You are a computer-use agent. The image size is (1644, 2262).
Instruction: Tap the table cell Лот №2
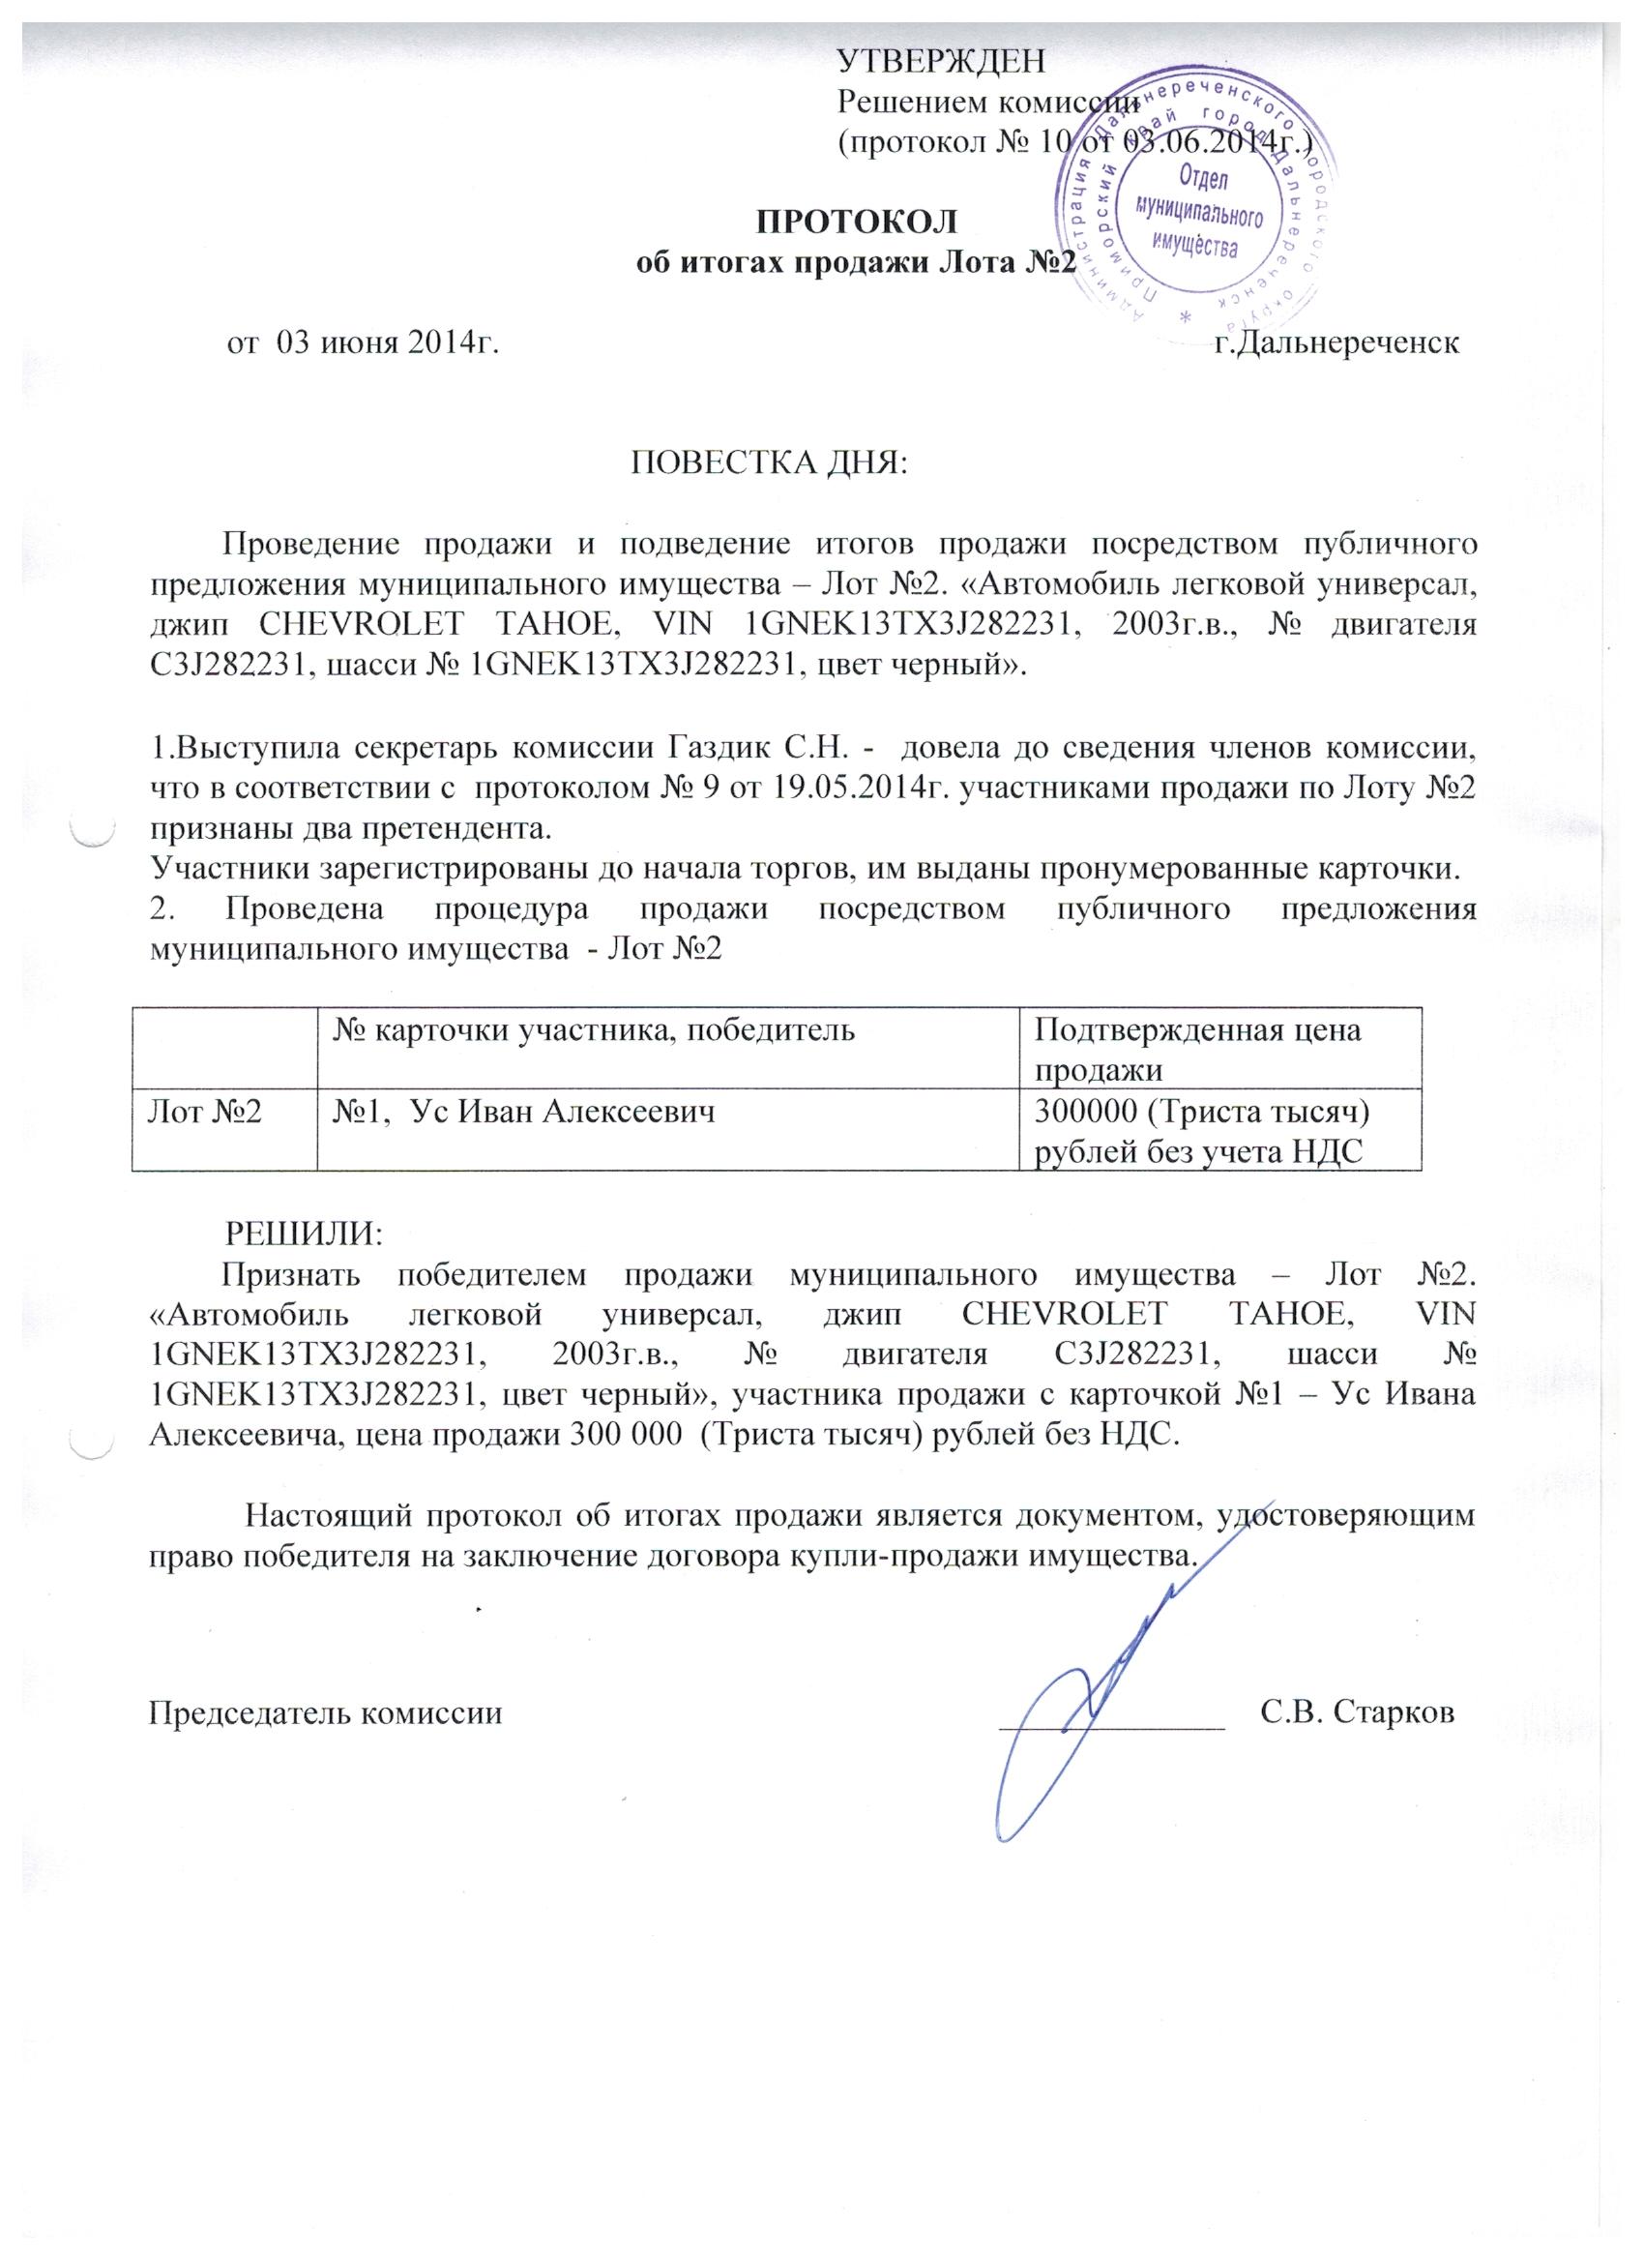[x=207, y=1111]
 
